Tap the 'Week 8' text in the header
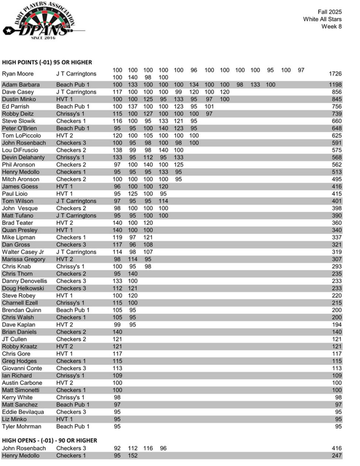331,27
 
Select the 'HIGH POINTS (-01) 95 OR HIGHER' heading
47,62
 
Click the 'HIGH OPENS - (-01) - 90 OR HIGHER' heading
49,441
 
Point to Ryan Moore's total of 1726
335,74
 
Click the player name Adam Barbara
21,85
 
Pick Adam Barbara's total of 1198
335,85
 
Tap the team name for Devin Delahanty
70,157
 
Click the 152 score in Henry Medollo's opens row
133,456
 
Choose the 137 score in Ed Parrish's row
133,106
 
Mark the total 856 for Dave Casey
336,92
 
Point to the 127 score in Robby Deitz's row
148,114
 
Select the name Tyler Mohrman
21,426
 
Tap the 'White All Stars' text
322,19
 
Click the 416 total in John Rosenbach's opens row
336,448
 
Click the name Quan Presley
20,230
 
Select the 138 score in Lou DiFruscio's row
117,150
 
